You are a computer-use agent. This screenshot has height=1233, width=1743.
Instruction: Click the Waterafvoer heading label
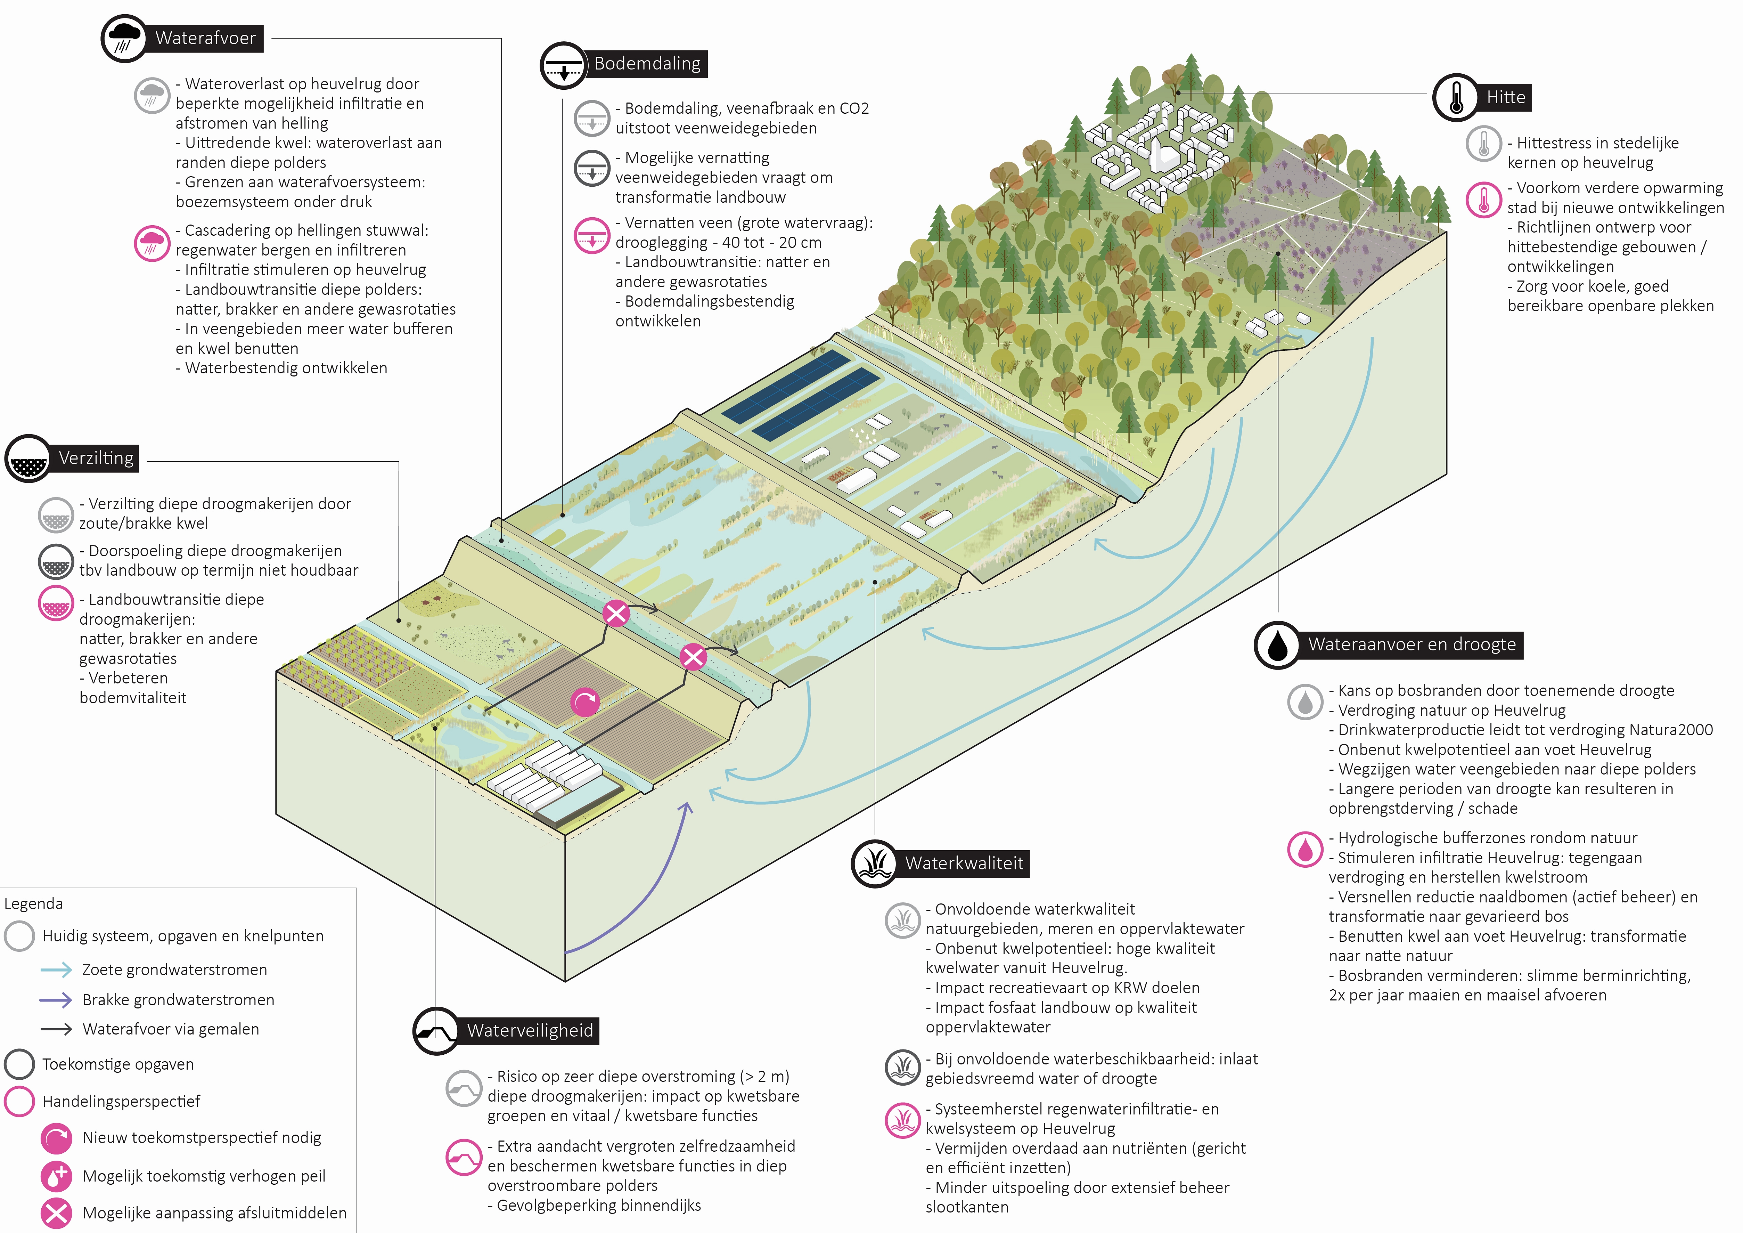click(205, 38)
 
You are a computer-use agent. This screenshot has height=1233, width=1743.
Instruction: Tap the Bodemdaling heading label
click(647, 64)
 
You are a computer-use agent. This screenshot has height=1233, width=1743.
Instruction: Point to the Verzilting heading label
click(96, 458)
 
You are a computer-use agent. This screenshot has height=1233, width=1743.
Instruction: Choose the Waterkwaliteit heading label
click(964, 863)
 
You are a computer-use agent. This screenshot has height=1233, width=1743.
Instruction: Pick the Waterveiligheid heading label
click(530, 1030)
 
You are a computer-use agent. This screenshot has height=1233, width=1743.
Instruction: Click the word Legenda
click(33, 903)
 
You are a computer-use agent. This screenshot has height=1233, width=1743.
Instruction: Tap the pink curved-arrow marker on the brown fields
click(584, 702)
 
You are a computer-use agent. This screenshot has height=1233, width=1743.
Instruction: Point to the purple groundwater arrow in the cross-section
click(645, 888)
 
